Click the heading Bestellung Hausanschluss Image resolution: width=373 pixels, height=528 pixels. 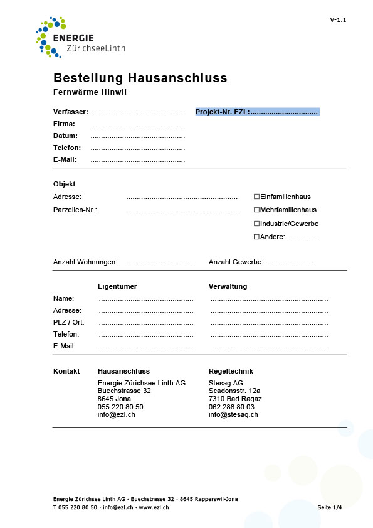tap(140, 78)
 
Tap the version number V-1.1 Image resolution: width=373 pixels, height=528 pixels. tap(338, 20)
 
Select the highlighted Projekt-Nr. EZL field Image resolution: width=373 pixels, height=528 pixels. tap(257, 112)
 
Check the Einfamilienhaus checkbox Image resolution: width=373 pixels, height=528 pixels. tap(256, 197)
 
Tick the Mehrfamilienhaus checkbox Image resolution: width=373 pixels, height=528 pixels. tap(256, 210)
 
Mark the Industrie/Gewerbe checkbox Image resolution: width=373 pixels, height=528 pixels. tap(256, 224)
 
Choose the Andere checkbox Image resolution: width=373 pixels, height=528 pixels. tap(256, 237)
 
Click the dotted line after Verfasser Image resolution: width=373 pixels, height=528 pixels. tap(138, 112)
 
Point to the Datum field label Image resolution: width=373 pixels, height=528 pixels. tap(65, 136)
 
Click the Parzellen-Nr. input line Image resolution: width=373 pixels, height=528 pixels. tap(182, 210)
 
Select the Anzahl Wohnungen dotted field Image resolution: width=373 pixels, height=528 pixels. tap(159, 262)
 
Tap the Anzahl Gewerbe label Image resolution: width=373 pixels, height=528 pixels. tap(236, 262)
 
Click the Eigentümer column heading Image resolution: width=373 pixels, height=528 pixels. tap(117, 286)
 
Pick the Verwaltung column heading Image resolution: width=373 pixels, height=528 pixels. tap(228, 286)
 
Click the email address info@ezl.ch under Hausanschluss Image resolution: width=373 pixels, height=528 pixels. tap(116, 414)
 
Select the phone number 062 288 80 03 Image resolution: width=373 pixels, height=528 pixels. tap(232, 407)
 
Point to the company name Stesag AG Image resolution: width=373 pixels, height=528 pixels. tap(226, 383)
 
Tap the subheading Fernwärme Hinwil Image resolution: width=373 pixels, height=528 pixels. tap(90, 92)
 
